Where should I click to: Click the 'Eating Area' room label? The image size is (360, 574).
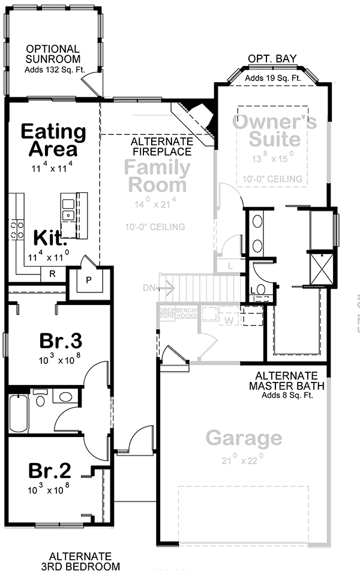pyautogui.click(x=53, y=140)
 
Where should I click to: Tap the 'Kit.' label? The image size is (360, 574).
pyautogui.click(x=49, y=238)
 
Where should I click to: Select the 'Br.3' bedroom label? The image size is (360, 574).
pyautogui.click(x=61, y=340)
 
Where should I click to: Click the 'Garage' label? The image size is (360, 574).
pyautogui.click(x=244, y=438)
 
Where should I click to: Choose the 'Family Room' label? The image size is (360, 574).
pyautogui.click(x=157, y=175)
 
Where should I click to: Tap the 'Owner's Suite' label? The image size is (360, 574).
pyautogui.click(x=274, y=131)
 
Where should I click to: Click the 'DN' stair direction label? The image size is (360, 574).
pyautogui.click(x=149, y=288)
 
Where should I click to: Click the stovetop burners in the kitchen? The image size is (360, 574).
pyautogui.click(x=16, y=229)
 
